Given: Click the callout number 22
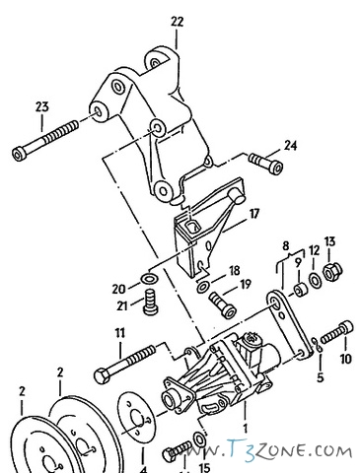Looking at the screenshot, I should pyautogui.click(x=177, y=20).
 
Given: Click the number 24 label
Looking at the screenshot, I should pyautogui.click(x=290, y=146).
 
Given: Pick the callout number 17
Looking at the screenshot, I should pyautogui.click(x=253, y=213).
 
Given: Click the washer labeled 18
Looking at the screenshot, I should pyautogui.click(x=202, y=287).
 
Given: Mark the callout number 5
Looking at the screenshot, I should pyautogui.click(x=321, y=376).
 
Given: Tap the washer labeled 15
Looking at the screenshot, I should pyautogui.click(x=200, y=436).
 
